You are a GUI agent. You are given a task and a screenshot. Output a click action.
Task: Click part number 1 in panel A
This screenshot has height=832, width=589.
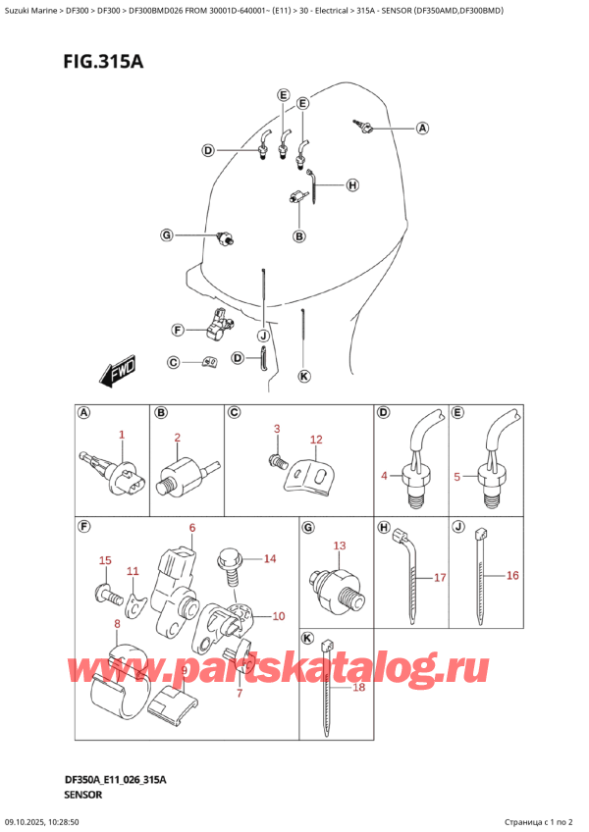pos(122,434)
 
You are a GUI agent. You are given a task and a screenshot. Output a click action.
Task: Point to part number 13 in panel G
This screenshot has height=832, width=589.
pos(340,545)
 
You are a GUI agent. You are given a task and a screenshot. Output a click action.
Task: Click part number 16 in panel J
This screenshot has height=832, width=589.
pos(512,576)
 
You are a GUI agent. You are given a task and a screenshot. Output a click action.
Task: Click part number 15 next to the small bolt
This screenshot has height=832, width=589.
pos(105,560)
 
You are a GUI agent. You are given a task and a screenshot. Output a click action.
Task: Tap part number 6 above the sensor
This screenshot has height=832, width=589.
pos(192,528)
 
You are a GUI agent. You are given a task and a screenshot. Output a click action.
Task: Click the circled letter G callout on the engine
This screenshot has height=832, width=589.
pos(167,234)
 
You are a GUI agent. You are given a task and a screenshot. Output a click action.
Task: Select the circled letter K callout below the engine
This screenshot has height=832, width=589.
pos(303,376)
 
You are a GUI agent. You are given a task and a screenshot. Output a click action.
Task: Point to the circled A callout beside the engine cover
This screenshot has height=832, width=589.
pos(422,128)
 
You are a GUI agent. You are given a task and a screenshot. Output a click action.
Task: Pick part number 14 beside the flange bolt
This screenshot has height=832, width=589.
pos(270,558)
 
